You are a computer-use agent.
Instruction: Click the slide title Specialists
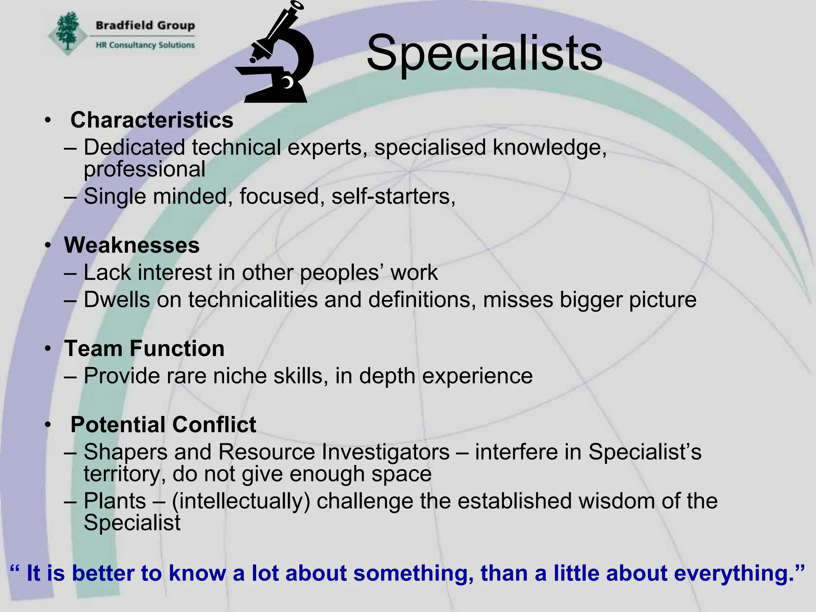click(x=484, y=53)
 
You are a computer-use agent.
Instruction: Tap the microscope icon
click(x=275, y=54)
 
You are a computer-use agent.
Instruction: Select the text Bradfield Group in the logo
click(x=145, y=25)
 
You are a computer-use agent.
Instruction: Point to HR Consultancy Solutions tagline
click(x=145, y=45)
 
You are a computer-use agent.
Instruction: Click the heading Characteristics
click(x=152, y=120)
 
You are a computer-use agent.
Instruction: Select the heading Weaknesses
click(x=132, y=245)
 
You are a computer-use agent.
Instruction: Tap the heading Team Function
click(x=144, y=349)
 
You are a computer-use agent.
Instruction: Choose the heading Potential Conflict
click(x=163, y=424)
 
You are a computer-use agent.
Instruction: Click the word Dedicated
click(x=134, y=147)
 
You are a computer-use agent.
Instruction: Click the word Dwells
click(x=117, y=299)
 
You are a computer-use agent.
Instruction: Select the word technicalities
click(x=253, y=299)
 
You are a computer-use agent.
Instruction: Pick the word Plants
click(x=115, y=501)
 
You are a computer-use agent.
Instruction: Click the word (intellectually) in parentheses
click(x=241, y=501)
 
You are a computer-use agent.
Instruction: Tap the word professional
click(x=145, y=169)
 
